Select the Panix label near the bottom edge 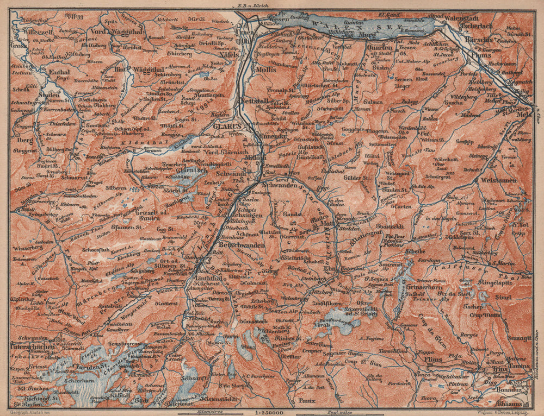(x=308, y=403)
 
